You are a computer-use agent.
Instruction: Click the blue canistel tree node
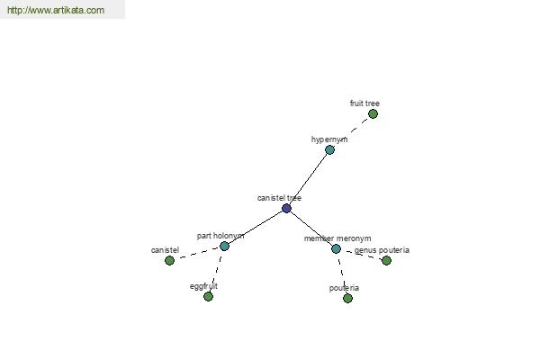(286, 208)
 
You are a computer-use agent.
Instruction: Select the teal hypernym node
(329, 150)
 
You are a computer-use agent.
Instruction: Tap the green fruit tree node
(373, 113)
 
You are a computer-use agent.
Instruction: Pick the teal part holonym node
(224, 246)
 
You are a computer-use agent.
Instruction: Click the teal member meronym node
(336, 248)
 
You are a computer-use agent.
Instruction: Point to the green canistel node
(169, 260)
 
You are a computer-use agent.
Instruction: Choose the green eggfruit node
(208, 296)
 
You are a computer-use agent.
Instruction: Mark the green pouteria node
(347, 298)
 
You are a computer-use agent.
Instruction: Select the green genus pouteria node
(386, 260)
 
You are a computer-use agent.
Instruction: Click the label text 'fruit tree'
(364, 103)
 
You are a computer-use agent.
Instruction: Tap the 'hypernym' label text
(329, 139)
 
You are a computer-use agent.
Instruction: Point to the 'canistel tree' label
(279, 198)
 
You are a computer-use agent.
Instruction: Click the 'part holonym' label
(220, 236)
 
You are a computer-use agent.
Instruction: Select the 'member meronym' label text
(337, 238)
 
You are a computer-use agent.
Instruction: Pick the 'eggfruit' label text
(203, 286)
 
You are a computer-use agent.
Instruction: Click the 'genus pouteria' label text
(382, 250)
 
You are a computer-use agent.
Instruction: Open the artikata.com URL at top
(56, 10)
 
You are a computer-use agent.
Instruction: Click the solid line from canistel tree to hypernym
(308, 179)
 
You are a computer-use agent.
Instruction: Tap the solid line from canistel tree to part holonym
(256, 227)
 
